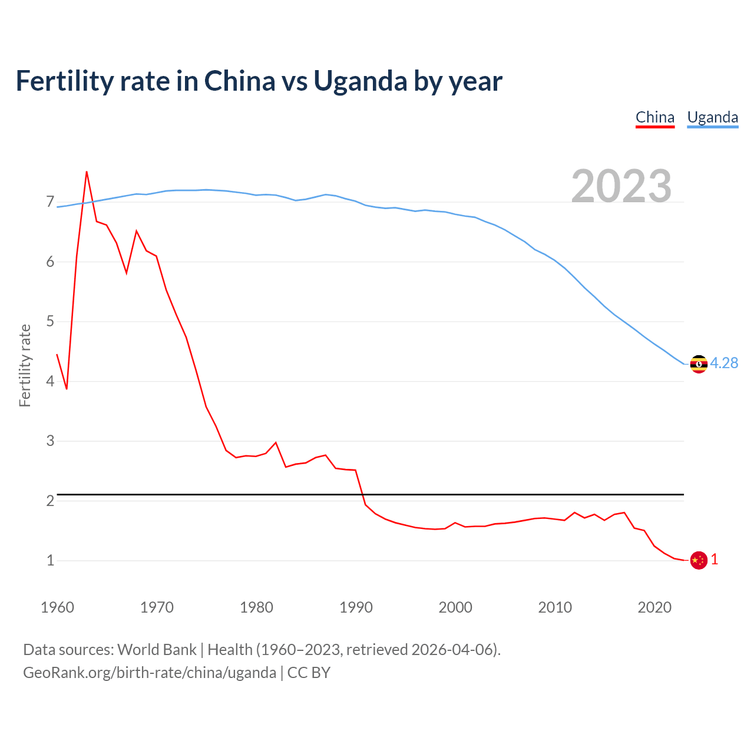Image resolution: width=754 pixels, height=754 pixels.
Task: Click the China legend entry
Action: coord(655,117)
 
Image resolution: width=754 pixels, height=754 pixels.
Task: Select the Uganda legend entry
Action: coord(713,117)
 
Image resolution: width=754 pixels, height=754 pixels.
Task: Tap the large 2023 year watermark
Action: coord(621,186)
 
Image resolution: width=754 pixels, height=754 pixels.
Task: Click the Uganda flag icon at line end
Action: coord(699,364)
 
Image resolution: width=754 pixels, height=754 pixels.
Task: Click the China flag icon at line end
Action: coord(699,560)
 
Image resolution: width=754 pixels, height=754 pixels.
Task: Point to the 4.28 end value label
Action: coord(724,363)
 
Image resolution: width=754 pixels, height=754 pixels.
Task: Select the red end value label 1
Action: coord(715,560)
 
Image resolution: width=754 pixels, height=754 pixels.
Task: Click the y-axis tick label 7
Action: coord(50,202)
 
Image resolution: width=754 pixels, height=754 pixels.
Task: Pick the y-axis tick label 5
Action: coord(50,322)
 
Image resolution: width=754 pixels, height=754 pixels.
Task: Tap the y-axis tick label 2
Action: coord(50,501)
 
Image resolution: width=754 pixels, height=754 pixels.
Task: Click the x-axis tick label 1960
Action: coord(57,607)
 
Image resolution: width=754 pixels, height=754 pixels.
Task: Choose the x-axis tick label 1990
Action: coord(356,607)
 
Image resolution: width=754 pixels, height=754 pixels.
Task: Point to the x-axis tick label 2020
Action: coord(654,607)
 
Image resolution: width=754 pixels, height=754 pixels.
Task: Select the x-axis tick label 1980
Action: coord(256,607)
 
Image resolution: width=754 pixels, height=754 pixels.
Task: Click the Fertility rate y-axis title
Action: coord(25,365)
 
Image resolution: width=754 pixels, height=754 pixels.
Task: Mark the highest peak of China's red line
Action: coord(87,172)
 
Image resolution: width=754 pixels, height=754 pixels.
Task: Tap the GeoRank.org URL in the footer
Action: coord(150,673)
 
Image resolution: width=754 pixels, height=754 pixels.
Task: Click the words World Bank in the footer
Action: coord(157,650)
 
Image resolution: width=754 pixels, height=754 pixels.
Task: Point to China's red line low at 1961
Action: coord(67,389)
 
